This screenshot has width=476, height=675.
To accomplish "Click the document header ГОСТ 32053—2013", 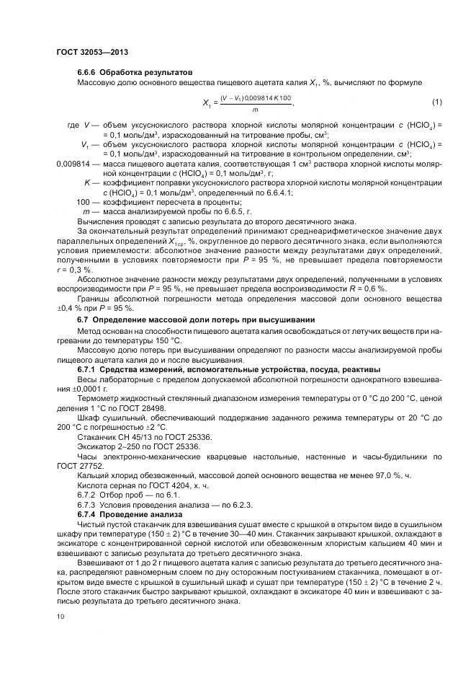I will tap(92, 52).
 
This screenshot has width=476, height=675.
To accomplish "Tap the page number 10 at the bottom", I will tap(60, 617).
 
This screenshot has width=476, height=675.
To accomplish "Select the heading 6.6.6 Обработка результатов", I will tap(135, 73).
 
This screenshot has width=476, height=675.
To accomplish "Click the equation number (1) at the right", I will tap(436, 100).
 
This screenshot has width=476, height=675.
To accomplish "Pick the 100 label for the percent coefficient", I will tap(84, 202).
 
